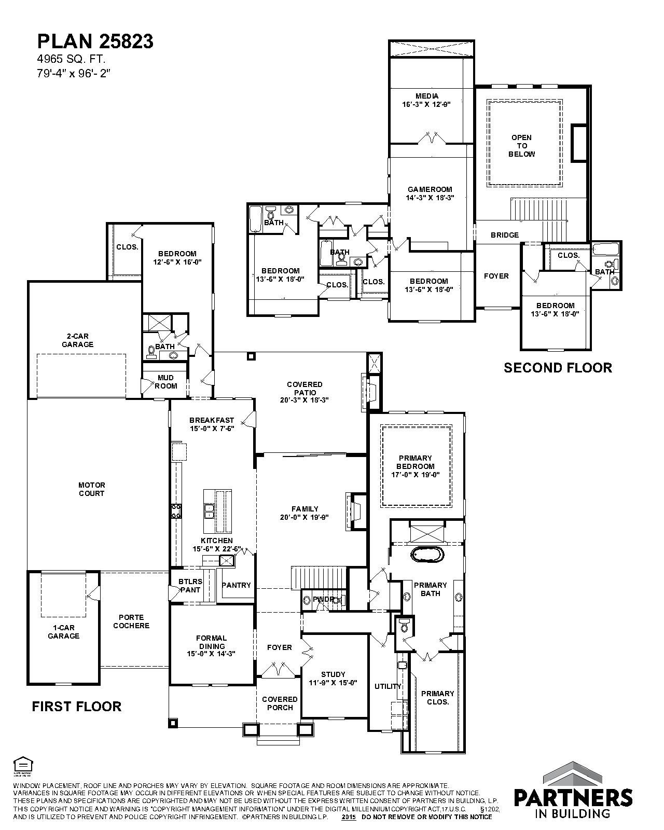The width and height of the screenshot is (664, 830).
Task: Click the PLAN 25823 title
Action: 95,41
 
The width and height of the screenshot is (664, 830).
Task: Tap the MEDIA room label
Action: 427,96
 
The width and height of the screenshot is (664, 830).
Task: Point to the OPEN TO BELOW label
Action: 522,146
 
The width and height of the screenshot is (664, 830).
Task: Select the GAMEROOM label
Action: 430,189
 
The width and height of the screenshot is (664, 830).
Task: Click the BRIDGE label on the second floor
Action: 505,235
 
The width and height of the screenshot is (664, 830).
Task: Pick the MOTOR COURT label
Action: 92,489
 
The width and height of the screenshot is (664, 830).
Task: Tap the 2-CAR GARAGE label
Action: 77,340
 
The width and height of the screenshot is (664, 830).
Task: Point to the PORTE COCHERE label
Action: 131,621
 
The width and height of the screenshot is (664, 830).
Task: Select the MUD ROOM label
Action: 166,382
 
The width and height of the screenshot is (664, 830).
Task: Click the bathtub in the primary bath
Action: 427,556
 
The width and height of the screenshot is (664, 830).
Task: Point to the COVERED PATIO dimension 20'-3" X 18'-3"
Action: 305,400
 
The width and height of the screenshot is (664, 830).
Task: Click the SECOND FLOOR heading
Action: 558,368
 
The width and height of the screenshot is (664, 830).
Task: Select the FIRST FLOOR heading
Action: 76,707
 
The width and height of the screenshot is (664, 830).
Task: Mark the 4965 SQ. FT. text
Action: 71,59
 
